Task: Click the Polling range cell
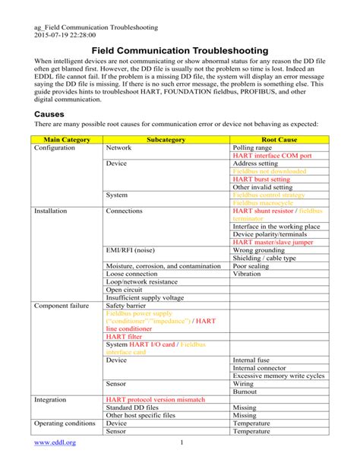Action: point(253,148)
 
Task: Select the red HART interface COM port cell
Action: point(272,156)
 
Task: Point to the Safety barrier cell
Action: point(125,305)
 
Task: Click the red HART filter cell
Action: point(124,336)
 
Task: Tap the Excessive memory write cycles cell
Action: point(279,376)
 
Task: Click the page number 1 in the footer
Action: point(182,442)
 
